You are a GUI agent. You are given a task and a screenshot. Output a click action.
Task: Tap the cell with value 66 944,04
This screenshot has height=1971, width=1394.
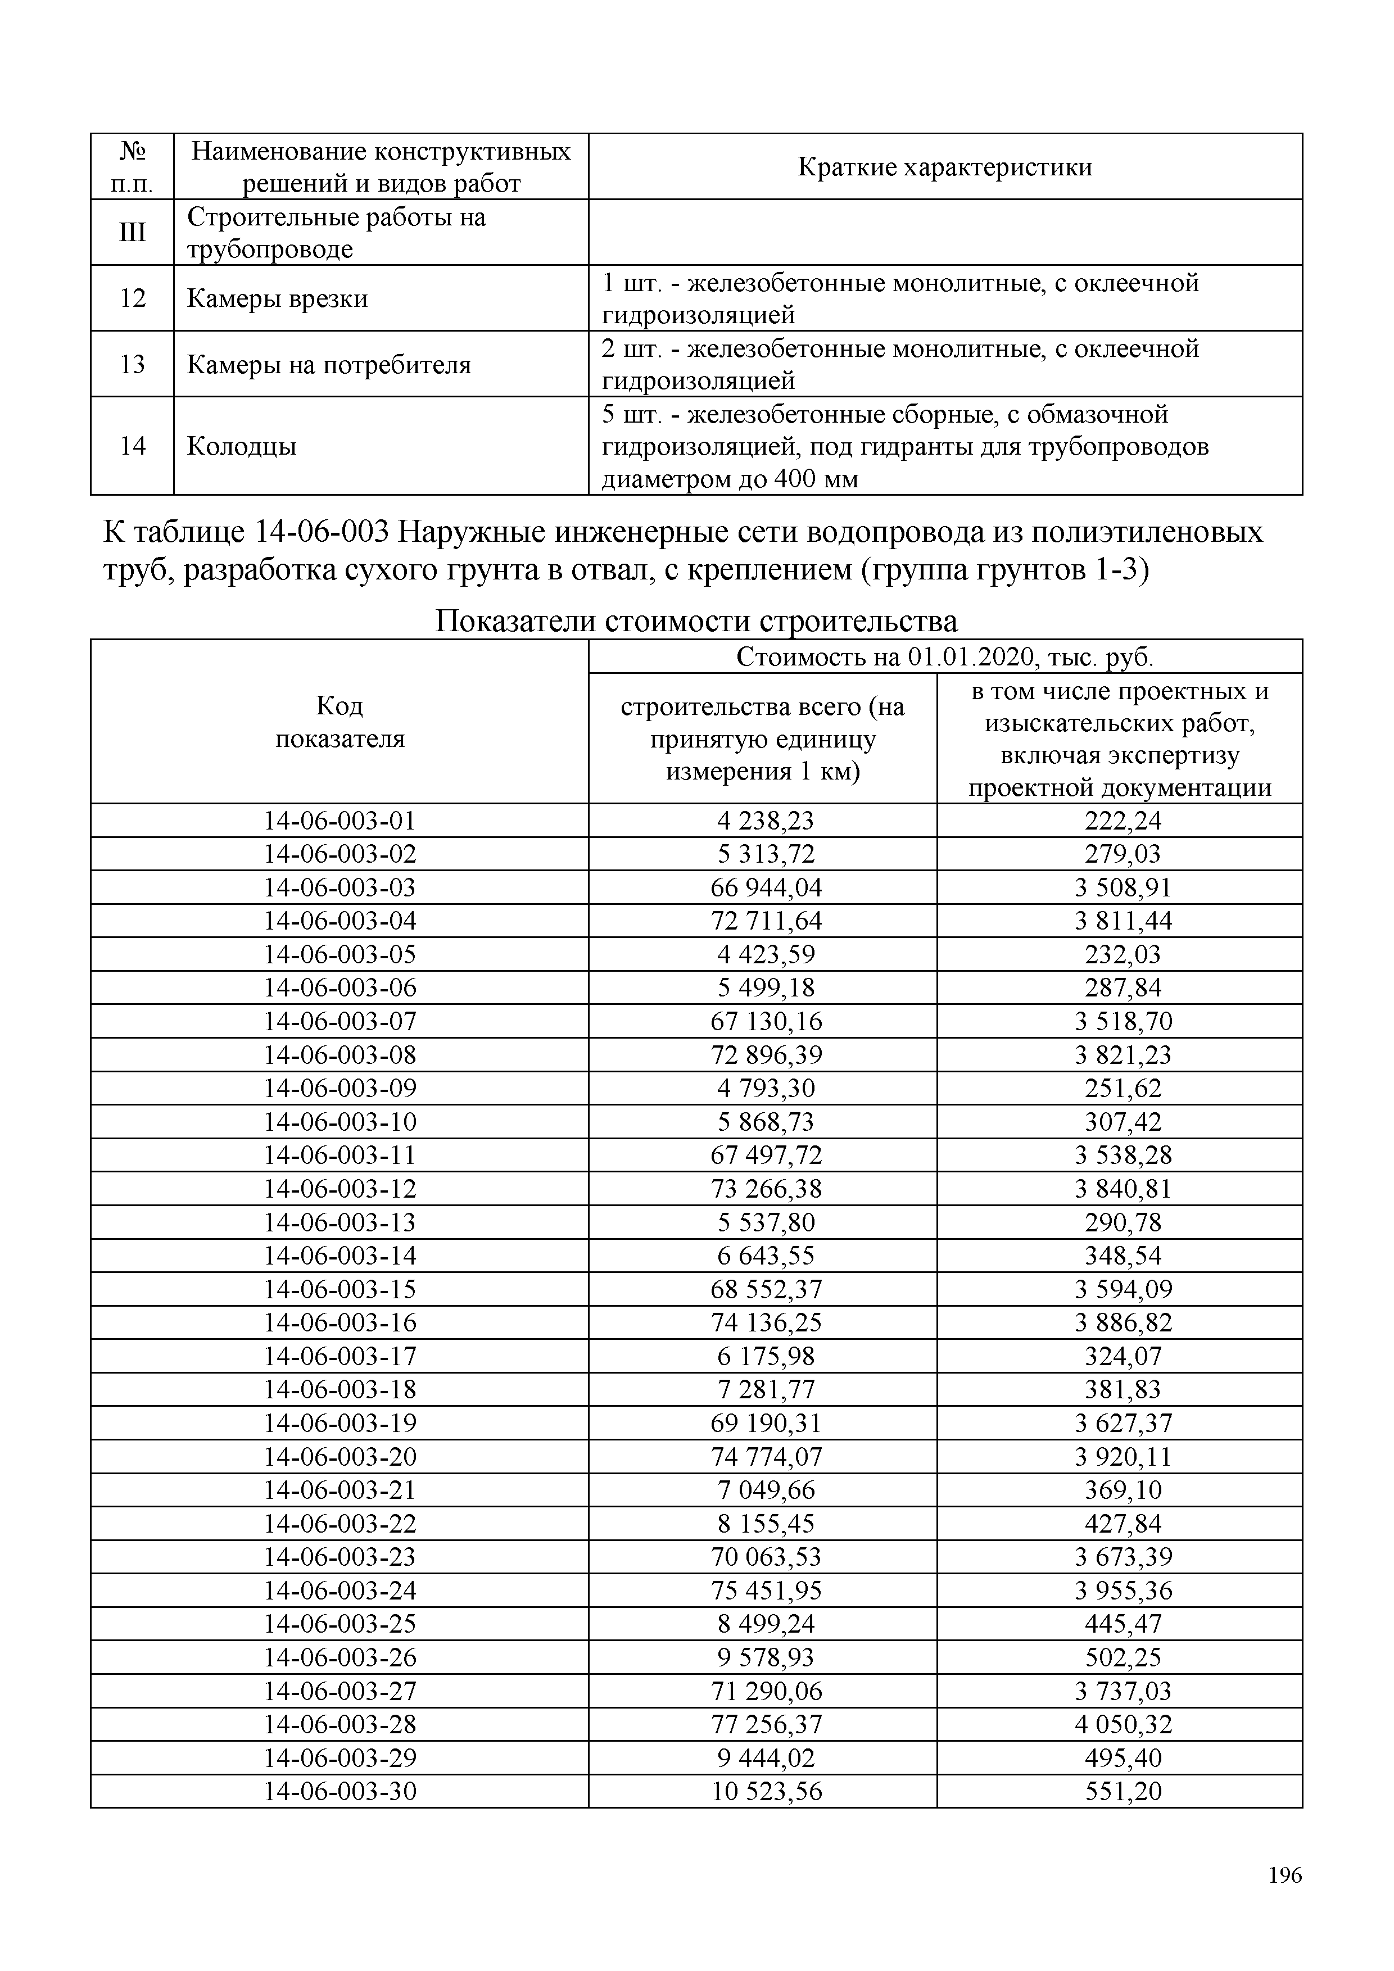pos(767,887)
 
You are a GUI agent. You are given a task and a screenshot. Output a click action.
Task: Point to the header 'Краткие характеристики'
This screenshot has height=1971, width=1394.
pos(944,166)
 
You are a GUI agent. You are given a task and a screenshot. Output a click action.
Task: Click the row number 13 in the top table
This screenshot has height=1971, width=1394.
pos(132,364)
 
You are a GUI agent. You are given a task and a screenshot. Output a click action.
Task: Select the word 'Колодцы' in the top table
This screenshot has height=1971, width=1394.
pos(242,446)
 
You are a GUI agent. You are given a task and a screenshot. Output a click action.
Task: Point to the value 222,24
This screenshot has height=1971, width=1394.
pos(1123,821)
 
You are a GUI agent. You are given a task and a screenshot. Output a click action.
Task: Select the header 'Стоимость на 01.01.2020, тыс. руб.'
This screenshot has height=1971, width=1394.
pos(944,658)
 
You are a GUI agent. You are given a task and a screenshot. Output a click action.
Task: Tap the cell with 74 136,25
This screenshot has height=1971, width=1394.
pos(767,1322)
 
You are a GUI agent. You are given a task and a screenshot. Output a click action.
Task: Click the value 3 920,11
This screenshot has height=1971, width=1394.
pos(1123,1456)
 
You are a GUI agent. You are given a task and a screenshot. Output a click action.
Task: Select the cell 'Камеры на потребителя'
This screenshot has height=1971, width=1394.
pos(329,365)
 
